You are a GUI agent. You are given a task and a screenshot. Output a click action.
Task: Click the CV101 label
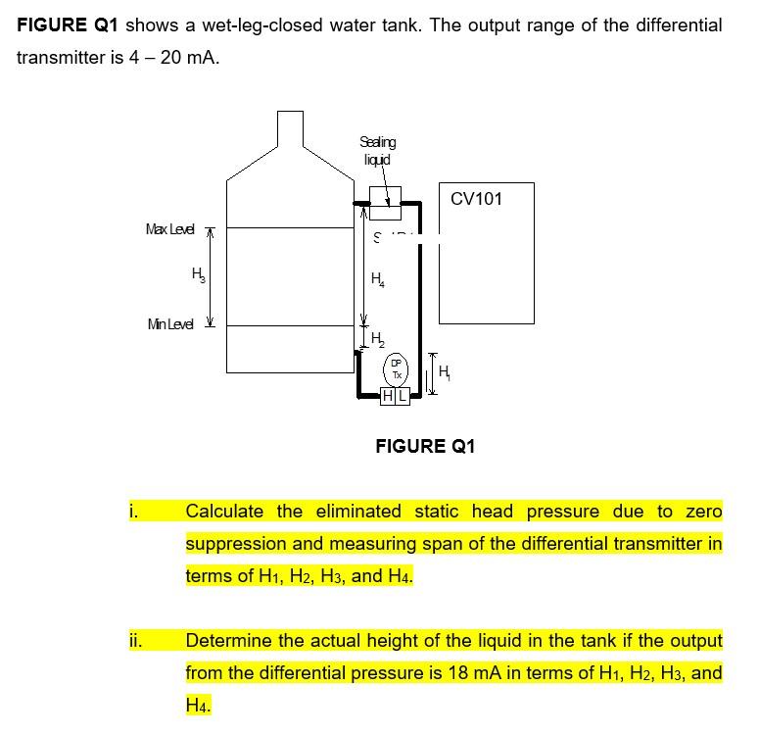pyautogui.click(x=476, y=199)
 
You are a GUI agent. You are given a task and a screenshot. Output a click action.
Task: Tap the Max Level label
pyautogui.click(x=169, y=229)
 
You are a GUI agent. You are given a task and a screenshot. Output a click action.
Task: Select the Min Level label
pyautogui.click(x=169, y=324)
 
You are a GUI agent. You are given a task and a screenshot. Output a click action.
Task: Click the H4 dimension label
pyautogui.click(x=378, y=278)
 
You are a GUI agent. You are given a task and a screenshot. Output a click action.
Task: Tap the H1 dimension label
pyautogui.click(x=446, y=371)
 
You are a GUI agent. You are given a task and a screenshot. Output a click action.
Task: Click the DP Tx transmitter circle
pyautogui.click(x=396, y=369)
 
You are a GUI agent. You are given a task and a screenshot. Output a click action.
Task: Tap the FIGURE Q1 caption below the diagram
pyautogui.click(x=425, y=447)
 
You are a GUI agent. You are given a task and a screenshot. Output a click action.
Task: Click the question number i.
pyautogui.click(x=133, y=512)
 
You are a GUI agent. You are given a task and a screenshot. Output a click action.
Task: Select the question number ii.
pyautogui.click(x=135, y=642)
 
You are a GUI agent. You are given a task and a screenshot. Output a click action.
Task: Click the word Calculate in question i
pyautogui.click(x=224, y=512)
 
